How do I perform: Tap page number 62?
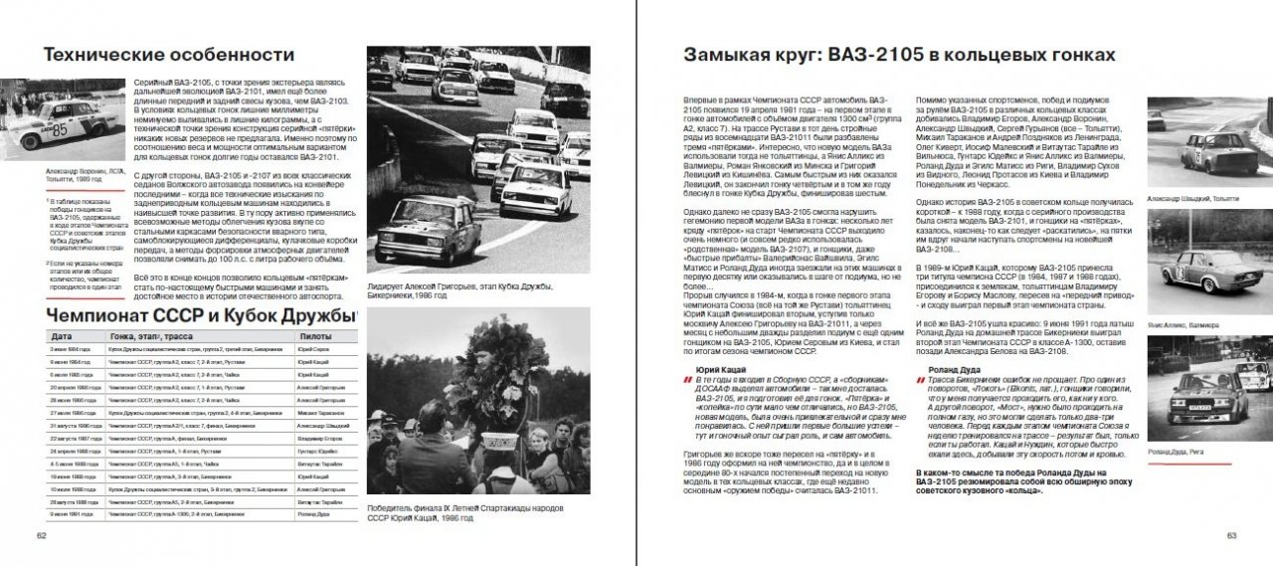(42, 536)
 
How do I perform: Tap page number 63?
(1230, 536)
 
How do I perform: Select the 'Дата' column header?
(62, 337)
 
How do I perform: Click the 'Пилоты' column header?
(316, 337)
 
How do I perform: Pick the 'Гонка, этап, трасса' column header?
(149, 337)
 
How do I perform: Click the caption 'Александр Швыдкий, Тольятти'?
(1192, 199)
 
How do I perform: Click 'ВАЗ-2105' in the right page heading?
(865, 55)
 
